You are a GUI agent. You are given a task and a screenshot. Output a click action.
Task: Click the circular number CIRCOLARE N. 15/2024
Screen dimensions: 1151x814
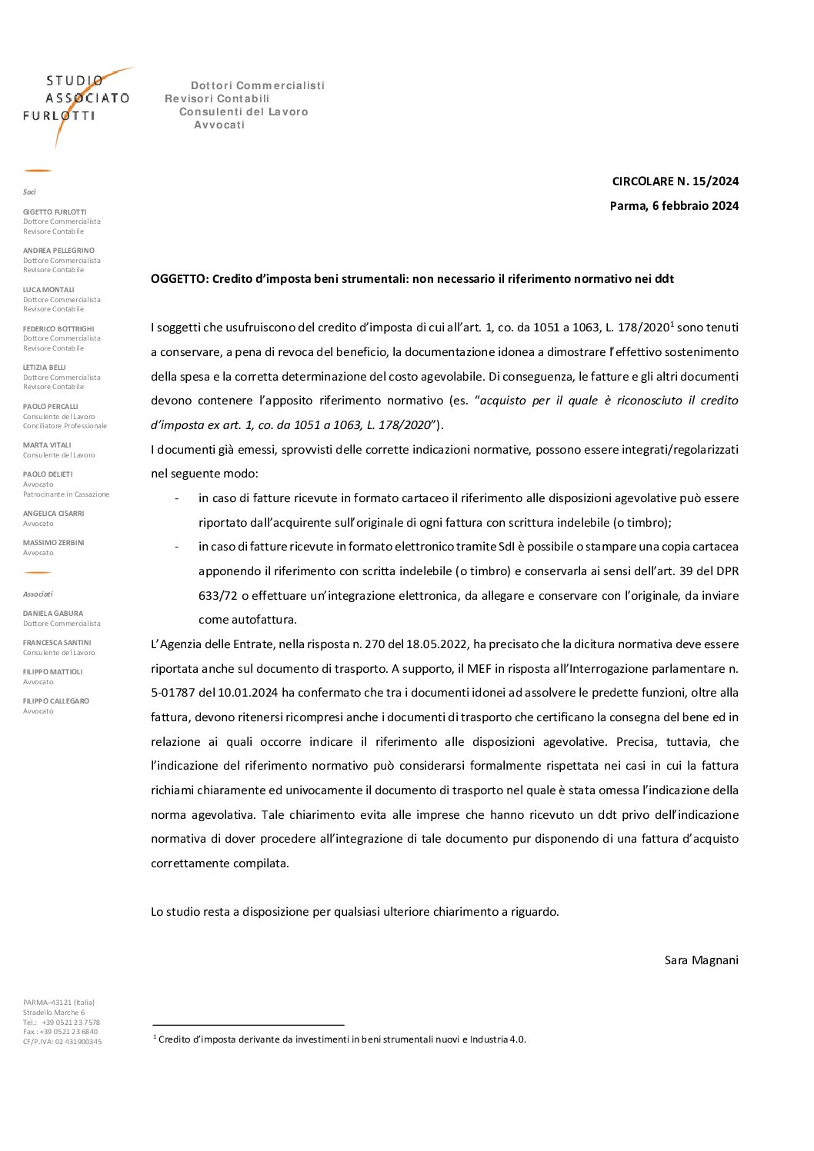tap(675, 181)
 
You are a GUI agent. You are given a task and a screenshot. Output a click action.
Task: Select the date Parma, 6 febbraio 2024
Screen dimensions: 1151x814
tap(674, 206)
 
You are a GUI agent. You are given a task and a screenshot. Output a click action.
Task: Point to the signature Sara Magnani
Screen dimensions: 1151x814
tap(701, 960)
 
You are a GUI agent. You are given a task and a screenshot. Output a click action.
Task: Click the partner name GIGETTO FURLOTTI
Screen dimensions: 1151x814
tap(55, 212)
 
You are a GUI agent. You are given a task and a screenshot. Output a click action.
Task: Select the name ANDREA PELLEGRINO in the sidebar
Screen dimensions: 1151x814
tap(58, 251)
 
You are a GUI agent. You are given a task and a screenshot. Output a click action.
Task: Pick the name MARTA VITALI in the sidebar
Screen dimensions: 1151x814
tap(47, 445)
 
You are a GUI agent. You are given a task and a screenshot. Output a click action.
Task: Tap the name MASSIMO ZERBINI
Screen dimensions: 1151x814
tap(53, 543)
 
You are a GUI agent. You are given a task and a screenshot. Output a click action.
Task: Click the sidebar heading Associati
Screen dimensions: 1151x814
tap(38, 594)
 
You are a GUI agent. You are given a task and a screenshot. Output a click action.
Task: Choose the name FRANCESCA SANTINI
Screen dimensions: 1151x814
tap(57, 643)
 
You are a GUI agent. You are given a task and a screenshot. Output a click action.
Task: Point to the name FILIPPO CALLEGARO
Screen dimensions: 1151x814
tap(56, 701)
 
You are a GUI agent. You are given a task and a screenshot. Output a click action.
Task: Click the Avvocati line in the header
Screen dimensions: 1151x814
tap(219, 125)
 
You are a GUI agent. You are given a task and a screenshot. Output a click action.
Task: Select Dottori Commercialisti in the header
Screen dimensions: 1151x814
tap(258, 86)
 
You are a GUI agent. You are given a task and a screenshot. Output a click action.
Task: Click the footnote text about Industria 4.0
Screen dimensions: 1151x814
tap(342, 1040)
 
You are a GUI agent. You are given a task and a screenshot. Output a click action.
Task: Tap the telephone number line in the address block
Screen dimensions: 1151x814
tap(62, 1023)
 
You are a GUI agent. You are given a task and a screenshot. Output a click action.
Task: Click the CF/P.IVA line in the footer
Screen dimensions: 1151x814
tap(62, 1042)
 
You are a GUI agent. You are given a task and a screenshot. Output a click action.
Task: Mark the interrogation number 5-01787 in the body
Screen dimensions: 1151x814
tap(173, 693)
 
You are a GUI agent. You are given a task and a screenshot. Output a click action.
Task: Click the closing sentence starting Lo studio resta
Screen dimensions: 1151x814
tap(355, 912)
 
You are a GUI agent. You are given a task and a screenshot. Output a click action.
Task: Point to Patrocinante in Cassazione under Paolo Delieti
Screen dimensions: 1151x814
tap(66, 494)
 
